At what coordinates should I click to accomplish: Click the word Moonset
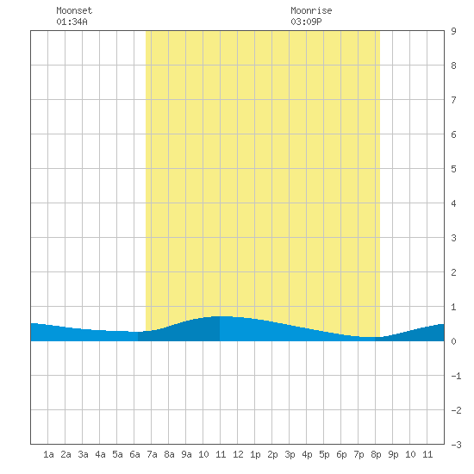click(x=74, y=10)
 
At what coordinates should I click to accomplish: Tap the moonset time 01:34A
click(x=72, y=22)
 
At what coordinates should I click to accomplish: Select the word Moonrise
click(x=311, y=10)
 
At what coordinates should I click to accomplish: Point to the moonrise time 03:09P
click(x=306, y=22)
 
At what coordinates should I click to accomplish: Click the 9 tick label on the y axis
click(x=453, y=31)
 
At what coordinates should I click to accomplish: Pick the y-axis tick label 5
click(x=453, y=169)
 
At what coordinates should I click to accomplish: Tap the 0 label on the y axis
click(x=453, y=341)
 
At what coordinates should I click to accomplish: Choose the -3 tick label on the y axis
click(x=456, y=445)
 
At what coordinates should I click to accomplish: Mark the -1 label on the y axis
click(x=456, y=376)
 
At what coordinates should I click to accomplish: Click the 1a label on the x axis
click(x=48, y=454)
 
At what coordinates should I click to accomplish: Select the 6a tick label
click(x=134, y=454)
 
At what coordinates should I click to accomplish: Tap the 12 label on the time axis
click(x=238, y=454)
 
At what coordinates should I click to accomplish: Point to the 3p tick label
click(x=290, y=454)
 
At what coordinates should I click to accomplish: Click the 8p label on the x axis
click(x=376, y=454)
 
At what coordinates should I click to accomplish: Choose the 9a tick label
click(x=186, y=454)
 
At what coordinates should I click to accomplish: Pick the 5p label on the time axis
click(x=324, y=454)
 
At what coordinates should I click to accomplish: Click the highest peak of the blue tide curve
click(x=223, y=316)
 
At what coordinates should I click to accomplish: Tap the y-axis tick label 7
click(x=453, y=100)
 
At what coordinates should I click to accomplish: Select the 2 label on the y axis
click(x=453, y=272)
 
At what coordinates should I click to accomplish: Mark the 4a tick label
click(x=100, y=454)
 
